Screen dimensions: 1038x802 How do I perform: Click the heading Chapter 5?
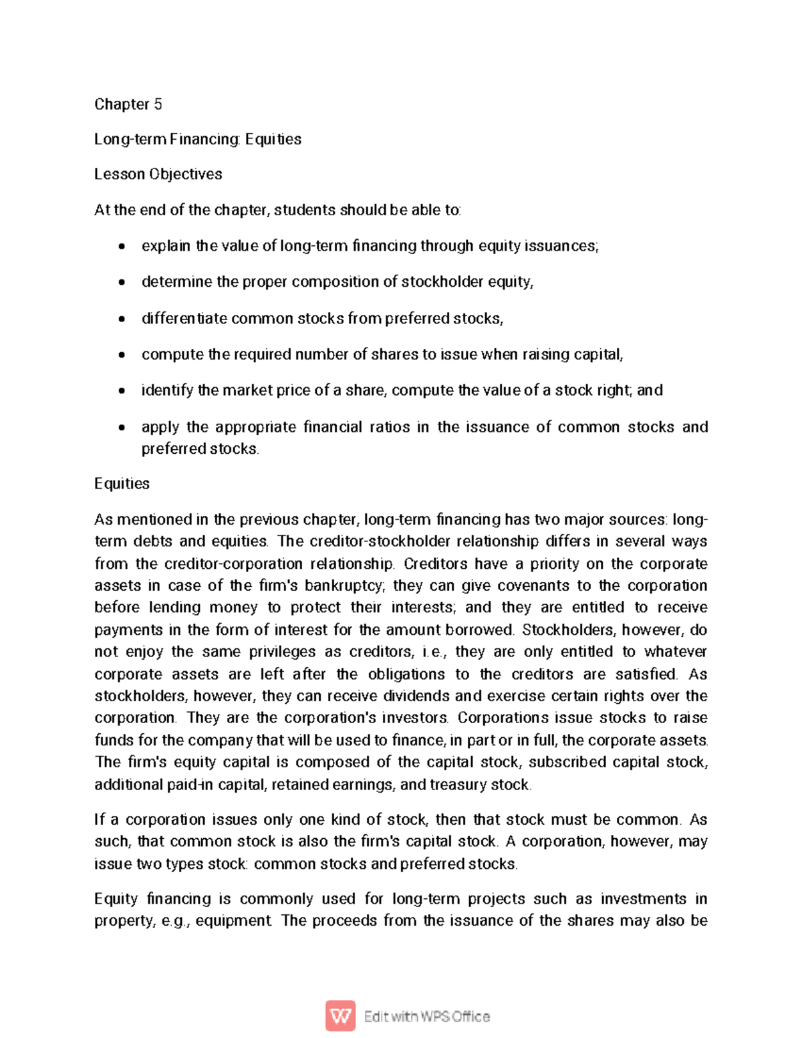pos(128,104)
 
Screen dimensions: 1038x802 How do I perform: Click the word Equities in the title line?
pos(273,139)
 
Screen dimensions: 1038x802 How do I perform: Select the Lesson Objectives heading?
pos(158,174)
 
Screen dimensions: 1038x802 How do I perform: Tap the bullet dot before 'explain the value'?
pos(121,247)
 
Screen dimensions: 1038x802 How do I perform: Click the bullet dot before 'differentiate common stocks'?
pos(121,319)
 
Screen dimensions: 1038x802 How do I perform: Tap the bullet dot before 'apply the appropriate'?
pos(121,427)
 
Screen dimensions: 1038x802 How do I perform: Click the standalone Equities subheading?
pos(122,483)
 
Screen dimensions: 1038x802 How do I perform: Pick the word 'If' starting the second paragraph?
pos(100,819)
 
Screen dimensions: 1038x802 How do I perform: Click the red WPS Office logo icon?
pos(340,1016)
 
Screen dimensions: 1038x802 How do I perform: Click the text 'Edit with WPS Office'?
pos(426,1017)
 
